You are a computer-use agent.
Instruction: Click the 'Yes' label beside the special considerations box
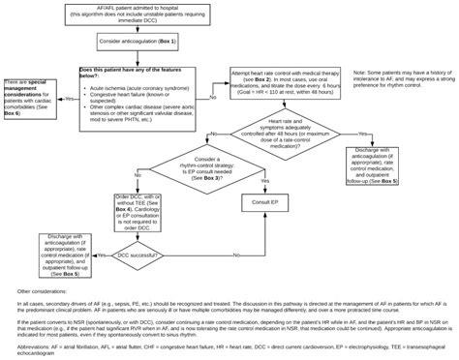(x=68, y=98)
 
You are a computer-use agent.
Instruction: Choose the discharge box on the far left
(x=46, y=255)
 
